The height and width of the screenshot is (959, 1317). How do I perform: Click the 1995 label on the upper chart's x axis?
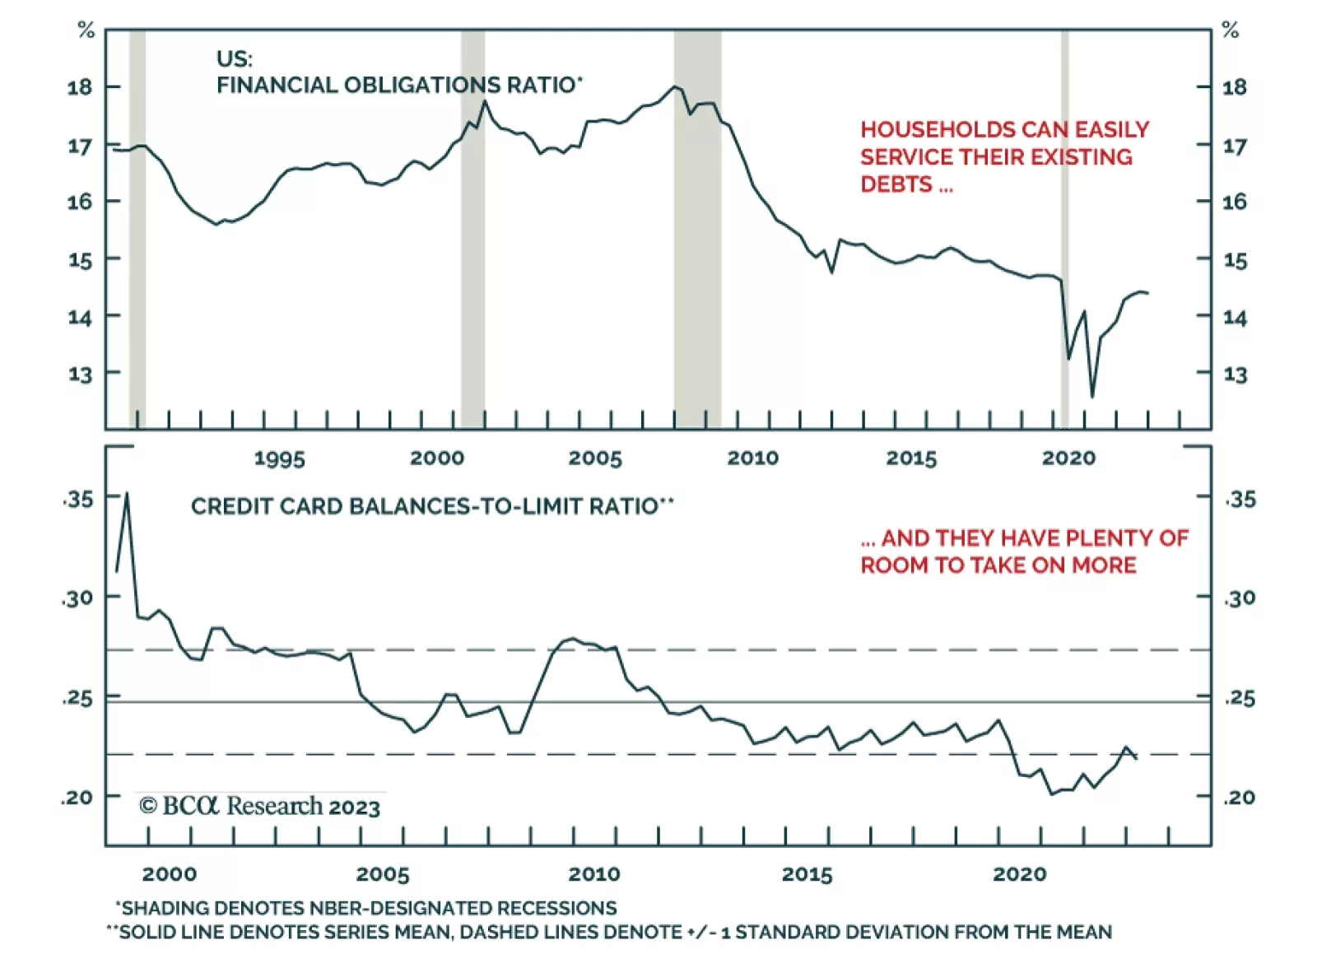tap(279, 459)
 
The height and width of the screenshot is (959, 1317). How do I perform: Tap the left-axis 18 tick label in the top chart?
tap(80, 87)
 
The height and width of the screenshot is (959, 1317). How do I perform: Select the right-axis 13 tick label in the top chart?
tap(1235, 375)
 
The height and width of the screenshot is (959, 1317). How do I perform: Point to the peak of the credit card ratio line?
tap(127, 494)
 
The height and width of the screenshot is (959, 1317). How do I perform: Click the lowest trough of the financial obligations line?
tap(1092, 397)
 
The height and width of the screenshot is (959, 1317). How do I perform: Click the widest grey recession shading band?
tap(697, 230)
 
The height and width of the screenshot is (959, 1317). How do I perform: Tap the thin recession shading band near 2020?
tap(1064, 230)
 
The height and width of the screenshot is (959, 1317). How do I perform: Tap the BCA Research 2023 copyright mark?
tap(259, 806)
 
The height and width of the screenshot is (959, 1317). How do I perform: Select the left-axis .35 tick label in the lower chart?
tap(78, 499)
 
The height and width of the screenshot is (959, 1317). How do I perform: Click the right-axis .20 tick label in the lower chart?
tap(1240, 797)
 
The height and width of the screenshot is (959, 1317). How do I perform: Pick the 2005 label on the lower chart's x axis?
tap(383, 874)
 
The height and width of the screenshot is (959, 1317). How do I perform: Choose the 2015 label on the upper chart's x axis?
tap(911, 459)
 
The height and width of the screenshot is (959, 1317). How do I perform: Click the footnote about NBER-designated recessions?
tap(366, 908)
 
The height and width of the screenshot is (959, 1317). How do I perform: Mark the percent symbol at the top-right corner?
tap(1230, 31)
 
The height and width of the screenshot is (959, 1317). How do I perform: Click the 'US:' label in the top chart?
tap(235, 59)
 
